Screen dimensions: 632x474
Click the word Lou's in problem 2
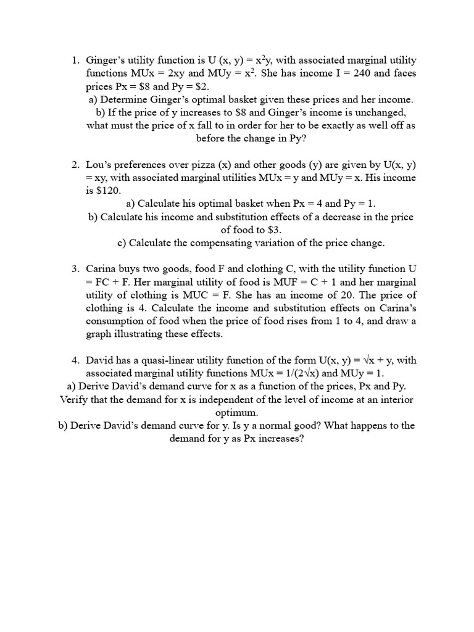pyautogui.click(x=98, y=165)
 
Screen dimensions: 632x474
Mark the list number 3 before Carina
pyautogui.click(x=74, y=269)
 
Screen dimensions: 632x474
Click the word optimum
pyautogui.click(x=236, y=412)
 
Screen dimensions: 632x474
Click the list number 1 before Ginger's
pyautogui.click(x=74, y=60)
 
